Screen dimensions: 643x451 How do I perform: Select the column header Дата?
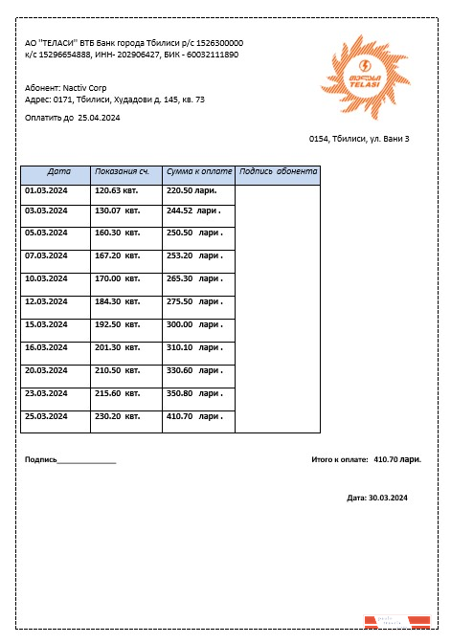[58, 172]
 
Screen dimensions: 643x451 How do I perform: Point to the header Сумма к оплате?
[199, 172]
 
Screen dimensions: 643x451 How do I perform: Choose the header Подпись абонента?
[278, 172]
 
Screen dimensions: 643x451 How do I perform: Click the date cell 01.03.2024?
[46, 190]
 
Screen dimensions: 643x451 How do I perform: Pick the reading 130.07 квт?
[117, 211]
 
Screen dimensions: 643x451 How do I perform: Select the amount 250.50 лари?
[194, 233]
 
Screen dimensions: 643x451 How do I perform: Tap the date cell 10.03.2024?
[46, 278]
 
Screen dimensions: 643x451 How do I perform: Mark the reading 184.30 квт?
[117, 301]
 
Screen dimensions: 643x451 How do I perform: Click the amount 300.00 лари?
[194, 324]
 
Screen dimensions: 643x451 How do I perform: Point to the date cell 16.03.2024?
[46, 347]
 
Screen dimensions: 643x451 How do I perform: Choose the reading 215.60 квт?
[117, 393]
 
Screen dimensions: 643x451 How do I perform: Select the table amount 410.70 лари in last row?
[194, 416]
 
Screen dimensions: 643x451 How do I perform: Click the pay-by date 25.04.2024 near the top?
[99, 118]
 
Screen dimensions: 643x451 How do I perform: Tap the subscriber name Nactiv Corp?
[85, 87]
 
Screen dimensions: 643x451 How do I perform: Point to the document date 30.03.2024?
[389, 498]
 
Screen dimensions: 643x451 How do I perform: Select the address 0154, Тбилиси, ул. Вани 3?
[359, 140]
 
